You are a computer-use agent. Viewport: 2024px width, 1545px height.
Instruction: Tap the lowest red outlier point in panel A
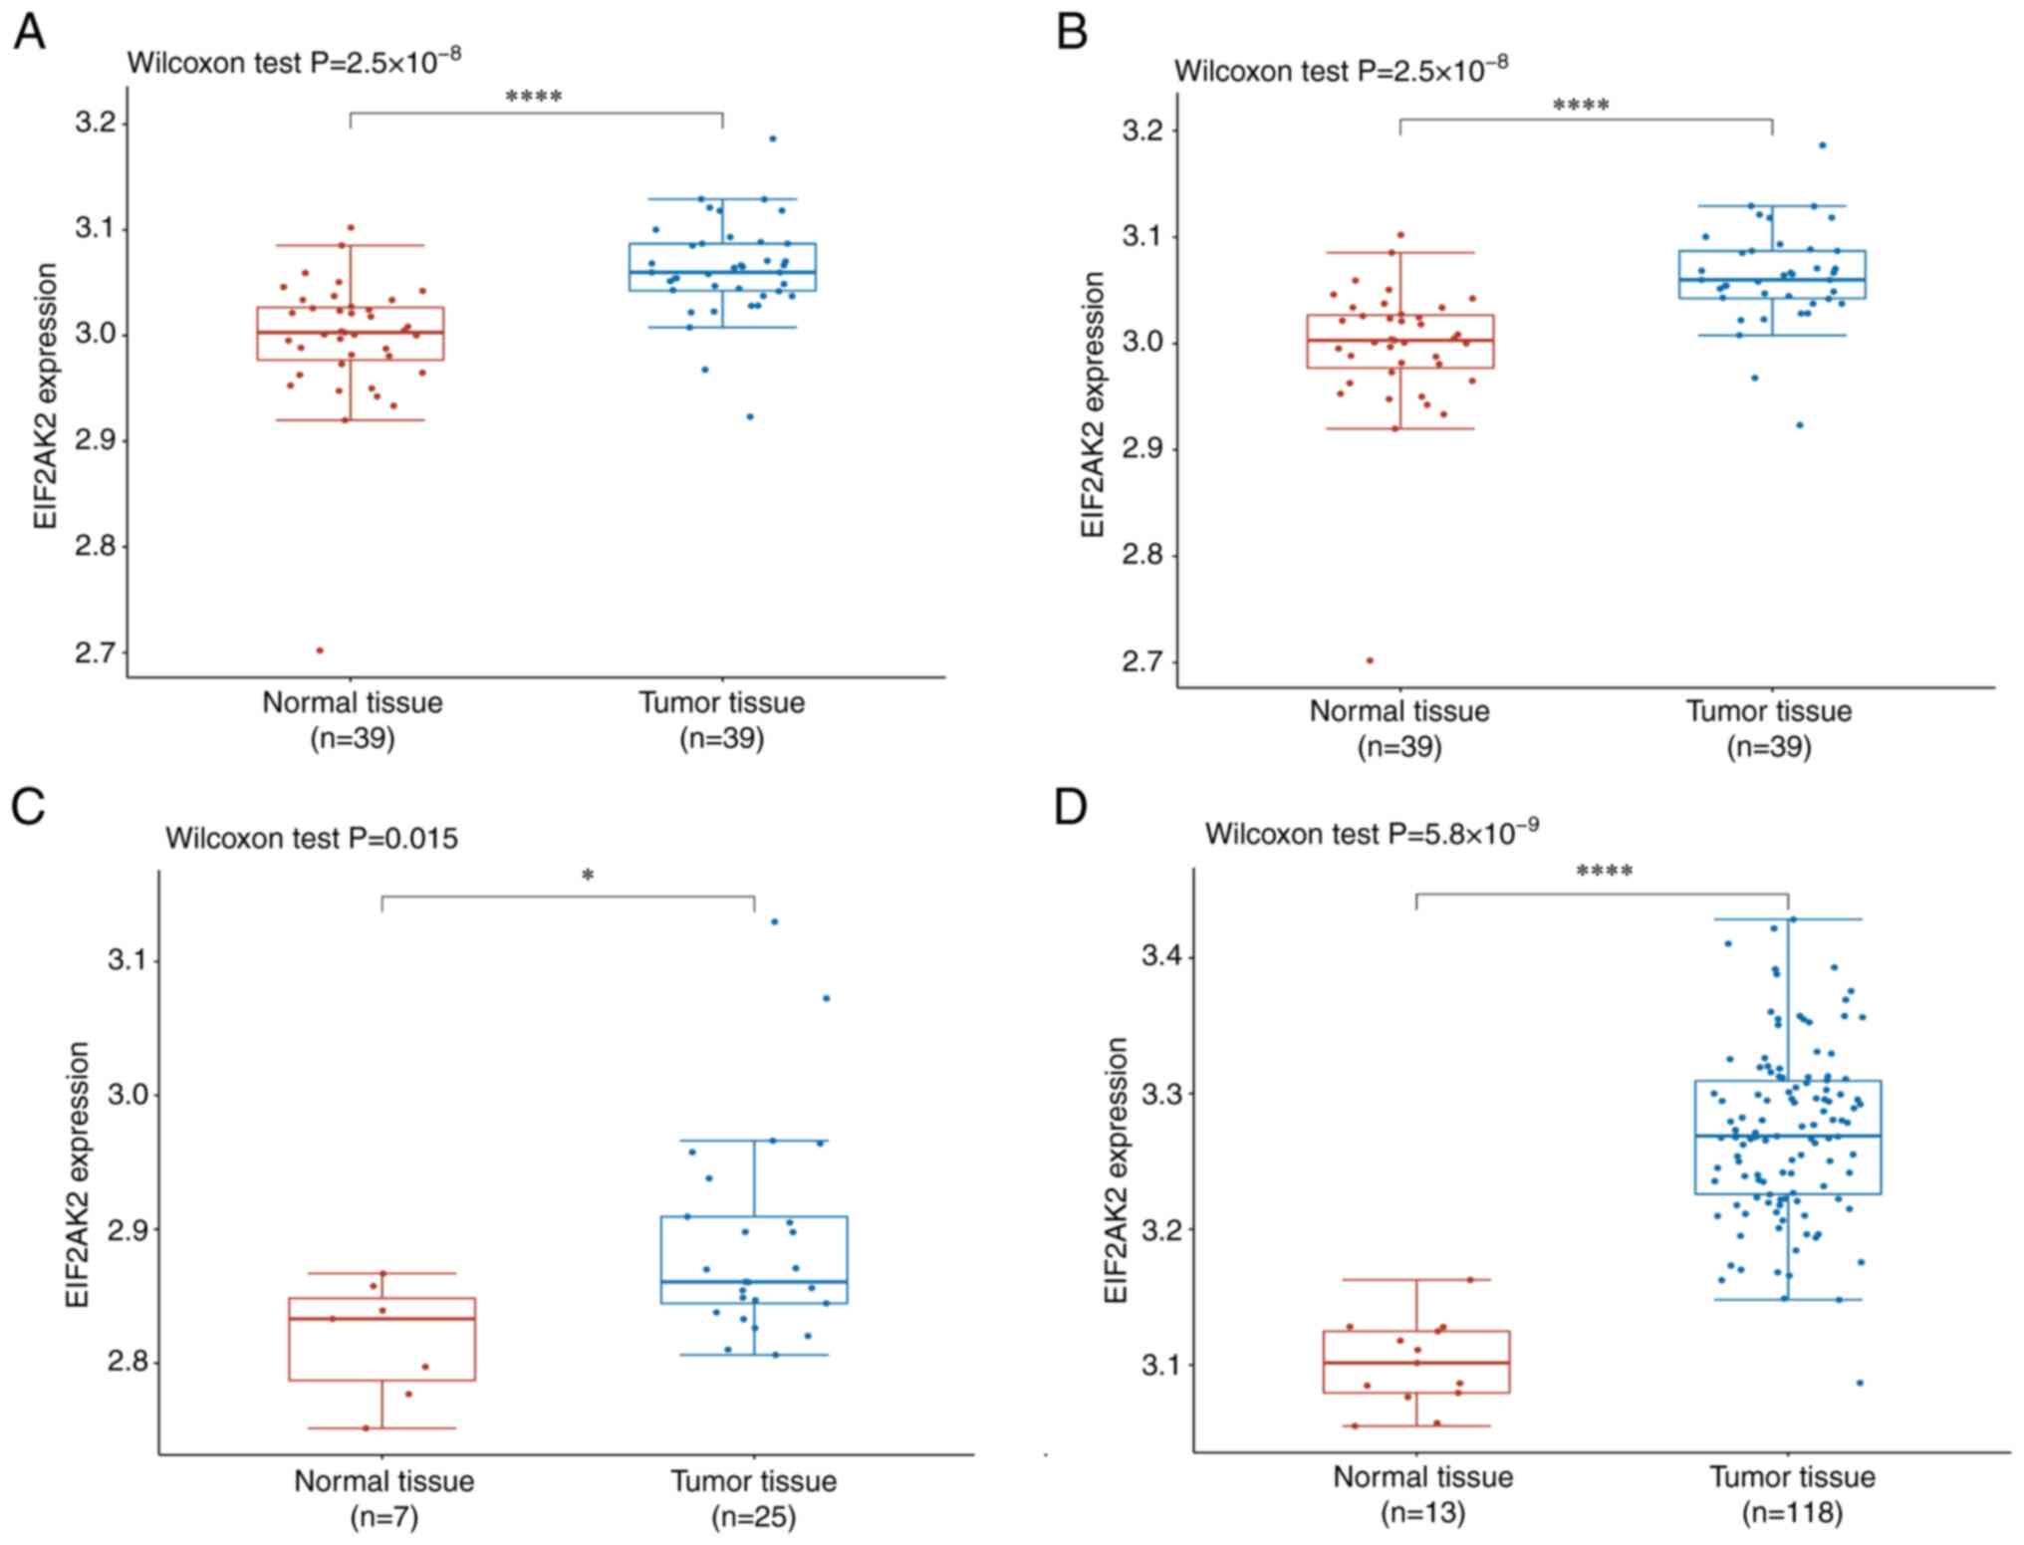(320, 650)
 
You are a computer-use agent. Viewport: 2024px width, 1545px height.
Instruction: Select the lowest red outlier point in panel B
(1370, 660)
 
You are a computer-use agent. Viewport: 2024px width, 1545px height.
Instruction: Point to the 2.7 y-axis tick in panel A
(96, 652)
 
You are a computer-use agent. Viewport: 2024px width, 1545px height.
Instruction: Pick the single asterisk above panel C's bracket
(588, 877)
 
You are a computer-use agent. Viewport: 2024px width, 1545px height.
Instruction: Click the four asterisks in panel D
(1604, 873)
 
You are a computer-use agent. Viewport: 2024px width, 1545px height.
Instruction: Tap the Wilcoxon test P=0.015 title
(312, 839)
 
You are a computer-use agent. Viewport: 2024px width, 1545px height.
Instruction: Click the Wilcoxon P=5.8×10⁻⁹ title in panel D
(1372, 832)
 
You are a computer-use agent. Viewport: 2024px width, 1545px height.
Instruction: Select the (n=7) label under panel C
(383, 1517)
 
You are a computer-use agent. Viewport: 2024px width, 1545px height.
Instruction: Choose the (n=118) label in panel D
(1792, 1512)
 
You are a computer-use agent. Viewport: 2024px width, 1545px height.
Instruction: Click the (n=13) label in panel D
(1422, 1512)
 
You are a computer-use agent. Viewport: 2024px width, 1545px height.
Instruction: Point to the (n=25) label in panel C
(753, 1517)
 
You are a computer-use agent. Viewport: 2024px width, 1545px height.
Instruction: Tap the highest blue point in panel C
(774, 921)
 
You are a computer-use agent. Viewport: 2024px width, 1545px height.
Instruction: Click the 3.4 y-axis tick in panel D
(1162, 957)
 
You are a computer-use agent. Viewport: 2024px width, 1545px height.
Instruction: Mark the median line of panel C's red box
(382, 1318)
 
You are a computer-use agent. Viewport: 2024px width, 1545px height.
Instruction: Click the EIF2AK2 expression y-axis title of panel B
(1093, 404)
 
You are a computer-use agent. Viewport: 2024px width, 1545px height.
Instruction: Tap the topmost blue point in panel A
(772, 138)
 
